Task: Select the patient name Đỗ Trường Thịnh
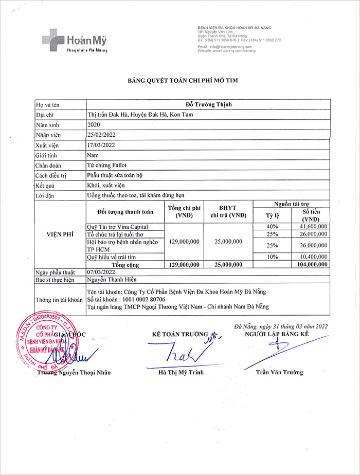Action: click(208, 105)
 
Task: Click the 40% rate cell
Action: click(272, 226)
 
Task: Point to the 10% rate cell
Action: click(272, 257)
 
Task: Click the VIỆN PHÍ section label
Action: click(55, 234)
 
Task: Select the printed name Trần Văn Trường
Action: click(279, 372)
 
